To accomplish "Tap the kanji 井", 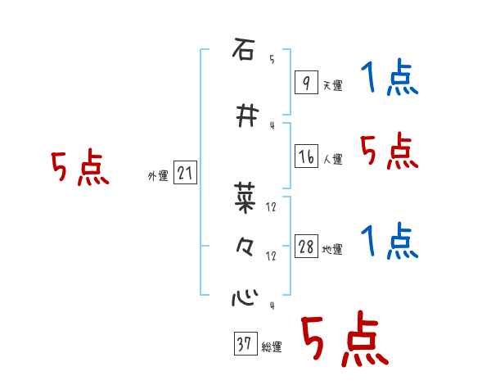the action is [244, 116].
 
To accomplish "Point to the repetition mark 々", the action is [243, 247].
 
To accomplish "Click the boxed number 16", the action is [306, 156].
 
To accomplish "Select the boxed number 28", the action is [306, 247].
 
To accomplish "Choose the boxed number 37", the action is [244, 345].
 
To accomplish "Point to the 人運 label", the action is [332, 159].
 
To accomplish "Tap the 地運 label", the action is [332, 249].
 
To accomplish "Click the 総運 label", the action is [271, 347].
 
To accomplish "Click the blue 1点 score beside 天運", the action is [389, 79].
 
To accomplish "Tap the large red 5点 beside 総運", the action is [344, 340].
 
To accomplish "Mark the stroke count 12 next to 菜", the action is [272, 206].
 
